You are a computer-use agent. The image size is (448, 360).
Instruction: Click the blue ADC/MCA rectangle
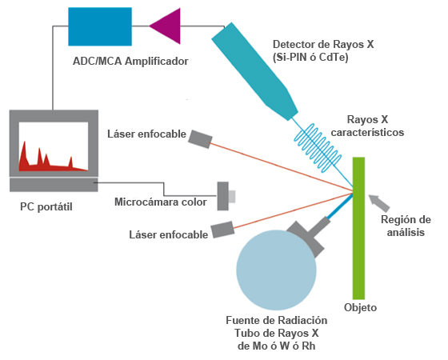coord(100,26)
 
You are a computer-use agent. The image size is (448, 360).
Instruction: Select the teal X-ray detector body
coord(254,71)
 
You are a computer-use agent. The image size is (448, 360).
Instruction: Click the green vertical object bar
coord(358,228)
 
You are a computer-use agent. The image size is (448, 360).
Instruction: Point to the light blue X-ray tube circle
coord(276,270)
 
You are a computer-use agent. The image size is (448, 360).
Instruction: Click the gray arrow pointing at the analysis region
coord(379,202)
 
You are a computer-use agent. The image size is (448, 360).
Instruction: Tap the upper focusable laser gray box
coord(200,139)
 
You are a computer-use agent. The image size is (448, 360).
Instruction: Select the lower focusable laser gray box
coord(222,230)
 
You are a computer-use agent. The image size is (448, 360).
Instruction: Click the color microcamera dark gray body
coord(223,196)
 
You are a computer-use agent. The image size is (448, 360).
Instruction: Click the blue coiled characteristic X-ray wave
coord(318,148)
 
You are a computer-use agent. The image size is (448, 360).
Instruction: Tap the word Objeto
coord(360,308)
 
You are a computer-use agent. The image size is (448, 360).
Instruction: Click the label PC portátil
coord(46,206)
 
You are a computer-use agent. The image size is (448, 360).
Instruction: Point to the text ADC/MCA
coord(97,61)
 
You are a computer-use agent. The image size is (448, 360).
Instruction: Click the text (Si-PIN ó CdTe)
coord(310,58)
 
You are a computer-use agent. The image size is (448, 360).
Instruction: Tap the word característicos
coord(367,132)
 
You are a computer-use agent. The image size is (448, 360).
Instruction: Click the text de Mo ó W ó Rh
coord(277,346)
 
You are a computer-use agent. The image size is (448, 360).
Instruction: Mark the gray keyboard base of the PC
coord(54,185)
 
